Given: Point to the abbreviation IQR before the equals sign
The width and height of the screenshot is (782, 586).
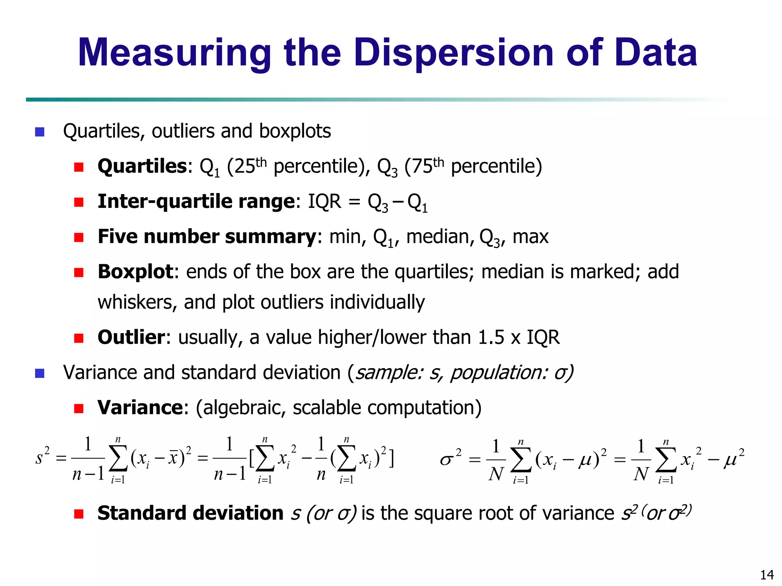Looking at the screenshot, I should [x=325, y=201].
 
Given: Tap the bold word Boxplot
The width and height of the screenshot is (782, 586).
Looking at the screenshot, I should [x=136, y=272].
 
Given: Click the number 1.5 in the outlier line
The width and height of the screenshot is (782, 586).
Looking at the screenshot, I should [x=491, y=337].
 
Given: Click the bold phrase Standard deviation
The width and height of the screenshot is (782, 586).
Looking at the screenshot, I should [x=190, y=513].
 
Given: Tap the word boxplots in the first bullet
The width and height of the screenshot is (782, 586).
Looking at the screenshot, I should [x=295, y=131].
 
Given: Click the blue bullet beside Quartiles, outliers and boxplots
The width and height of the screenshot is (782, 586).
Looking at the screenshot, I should [x=40, y=132].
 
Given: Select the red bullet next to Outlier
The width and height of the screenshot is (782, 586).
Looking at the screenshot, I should [x=79, y=338].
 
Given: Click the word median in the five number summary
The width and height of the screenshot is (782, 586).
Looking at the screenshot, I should [x=438, y=237].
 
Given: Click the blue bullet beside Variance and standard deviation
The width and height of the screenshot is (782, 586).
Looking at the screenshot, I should [x=40, y=373].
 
